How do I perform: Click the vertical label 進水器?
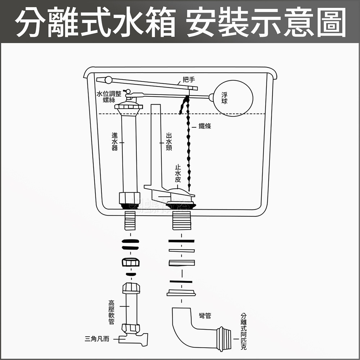coord(114,141)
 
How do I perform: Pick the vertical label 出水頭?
coord(169,141)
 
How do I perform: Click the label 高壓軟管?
coord(112,312)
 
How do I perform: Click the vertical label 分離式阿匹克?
coord(244,332)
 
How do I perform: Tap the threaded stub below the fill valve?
coord(130,221)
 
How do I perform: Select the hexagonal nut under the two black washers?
coord(130,262)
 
